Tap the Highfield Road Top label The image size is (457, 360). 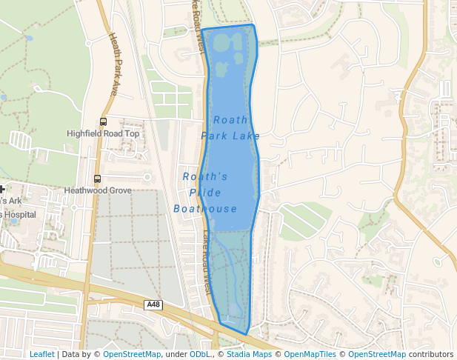(103, 134)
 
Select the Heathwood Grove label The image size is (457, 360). (98, 190)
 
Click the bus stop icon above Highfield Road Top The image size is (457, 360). (103, 121)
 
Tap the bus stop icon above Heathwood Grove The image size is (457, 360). (97, 179)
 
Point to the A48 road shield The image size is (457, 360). (153, 304)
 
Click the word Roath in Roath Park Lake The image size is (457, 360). (230, 120)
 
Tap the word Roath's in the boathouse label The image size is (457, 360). (205, 177)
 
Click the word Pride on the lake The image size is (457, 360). (205, 193)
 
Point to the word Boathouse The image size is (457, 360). (205, 209)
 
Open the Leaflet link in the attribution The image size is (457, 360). (41, 355)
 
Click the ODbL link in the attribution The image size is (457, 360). (202, 355)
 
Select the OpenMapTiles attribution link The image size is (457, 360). (310, 355)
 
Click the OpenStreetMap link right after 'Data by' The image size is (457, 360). (132, 355)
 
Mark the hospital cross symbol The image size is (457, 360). (2, 190)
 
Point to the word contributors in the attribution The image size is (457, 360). (431, 355)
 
